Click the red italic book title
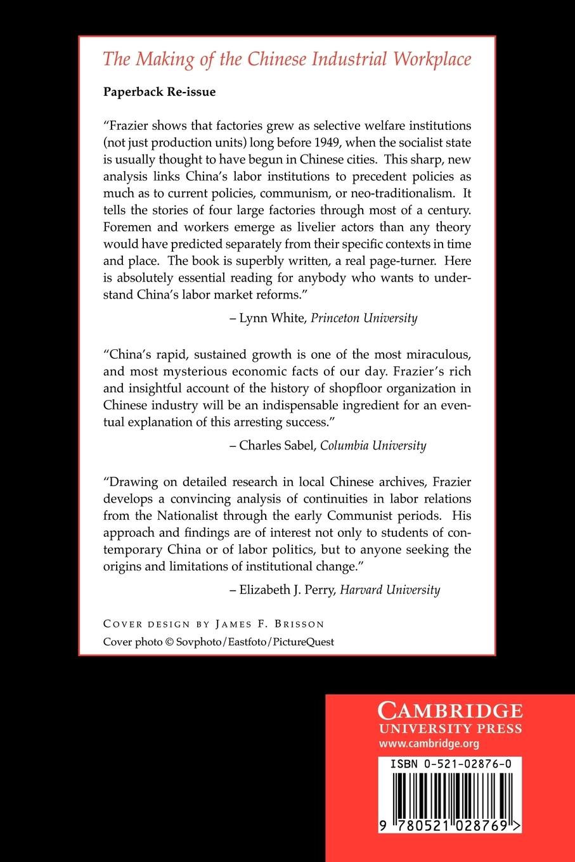point(287,60)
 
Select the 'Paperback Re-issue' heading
point(159,92)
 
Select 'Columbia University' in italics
point(373,445)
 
